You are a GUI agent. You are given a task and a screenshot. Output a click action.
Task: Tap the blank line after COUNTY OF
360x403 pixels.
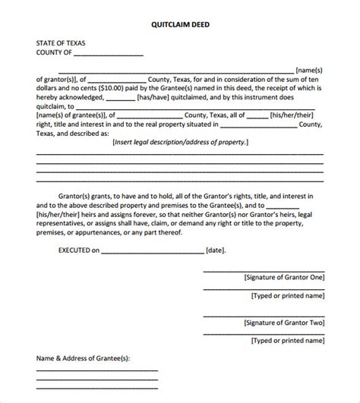pyautogui.click(x=109, y=55)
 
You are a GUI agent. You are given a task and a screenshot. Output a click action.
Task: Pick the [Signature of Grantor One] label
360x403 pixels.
pyautogui.click(x=283, y=278)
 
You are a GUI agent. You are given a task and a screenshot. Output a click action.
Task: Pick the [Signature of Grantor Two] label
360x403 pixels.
pyautogui.click(x=283, y=323)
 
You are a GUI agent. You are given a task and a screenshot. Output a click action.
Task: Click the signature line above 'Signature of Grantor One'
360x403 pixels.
pyautogui.click(x=263, y=272)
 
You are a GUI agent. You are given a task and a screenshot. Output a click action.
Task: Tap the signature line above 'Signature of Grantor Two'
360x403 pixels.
pyautogui.click(x=263, y=317)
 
